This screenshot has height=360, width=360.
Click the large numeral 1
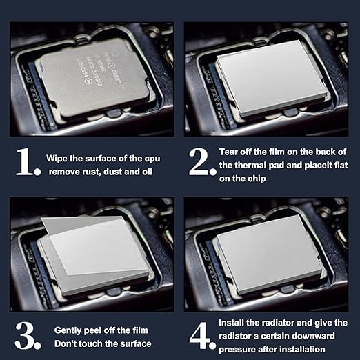[26, 161]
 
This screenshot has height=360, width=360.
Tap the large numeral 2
[199, 161]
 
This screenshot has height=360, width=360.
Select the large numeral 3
[25, 336]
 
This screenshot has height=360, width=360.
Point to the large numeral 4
[199, 336]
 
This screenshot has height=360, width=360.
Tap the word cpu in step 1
[152, 159]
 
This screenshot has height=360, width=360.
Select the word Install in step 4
[231, 323]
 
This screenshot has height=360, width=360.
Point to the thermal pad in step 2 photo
[271, 77]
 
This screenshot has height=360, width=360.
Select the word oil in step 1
[146, 172]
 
